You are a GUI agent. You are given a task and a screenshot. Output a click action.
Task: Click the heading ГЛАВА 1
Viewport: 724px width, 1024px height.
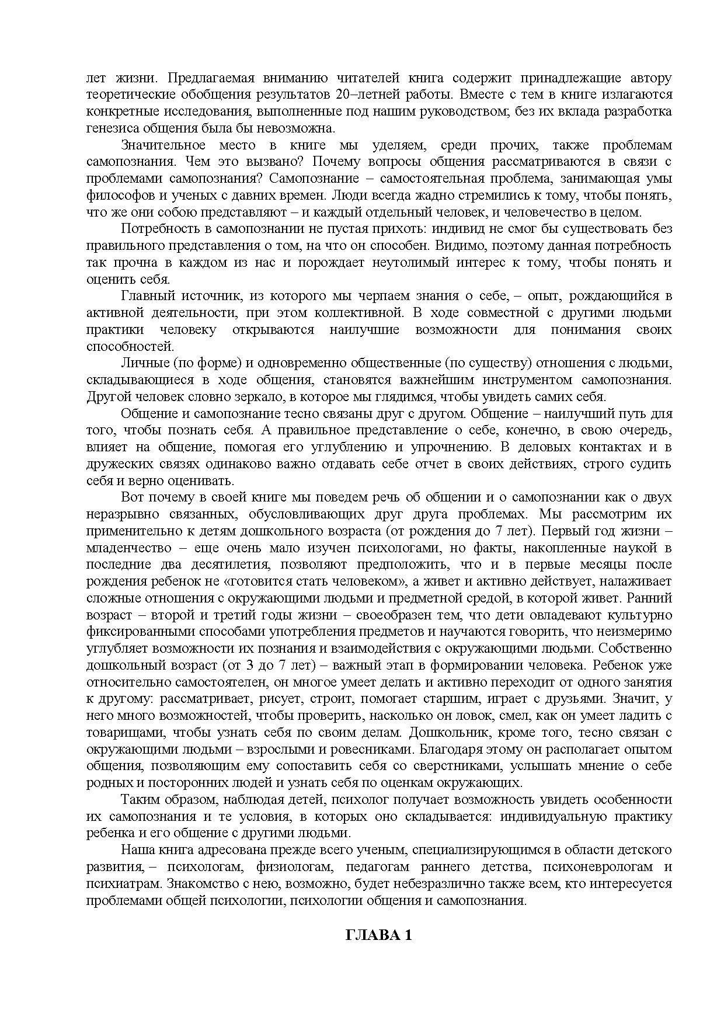[x=378, y=935]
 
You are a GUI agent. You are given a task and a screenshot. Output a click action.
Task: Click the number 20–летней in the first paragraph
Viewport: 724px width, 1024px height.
[x=366, y=95]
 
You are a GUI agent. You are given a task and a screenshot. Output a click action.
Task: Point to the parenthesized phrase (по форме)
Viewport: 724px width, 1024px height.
[x=207, y=363]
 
